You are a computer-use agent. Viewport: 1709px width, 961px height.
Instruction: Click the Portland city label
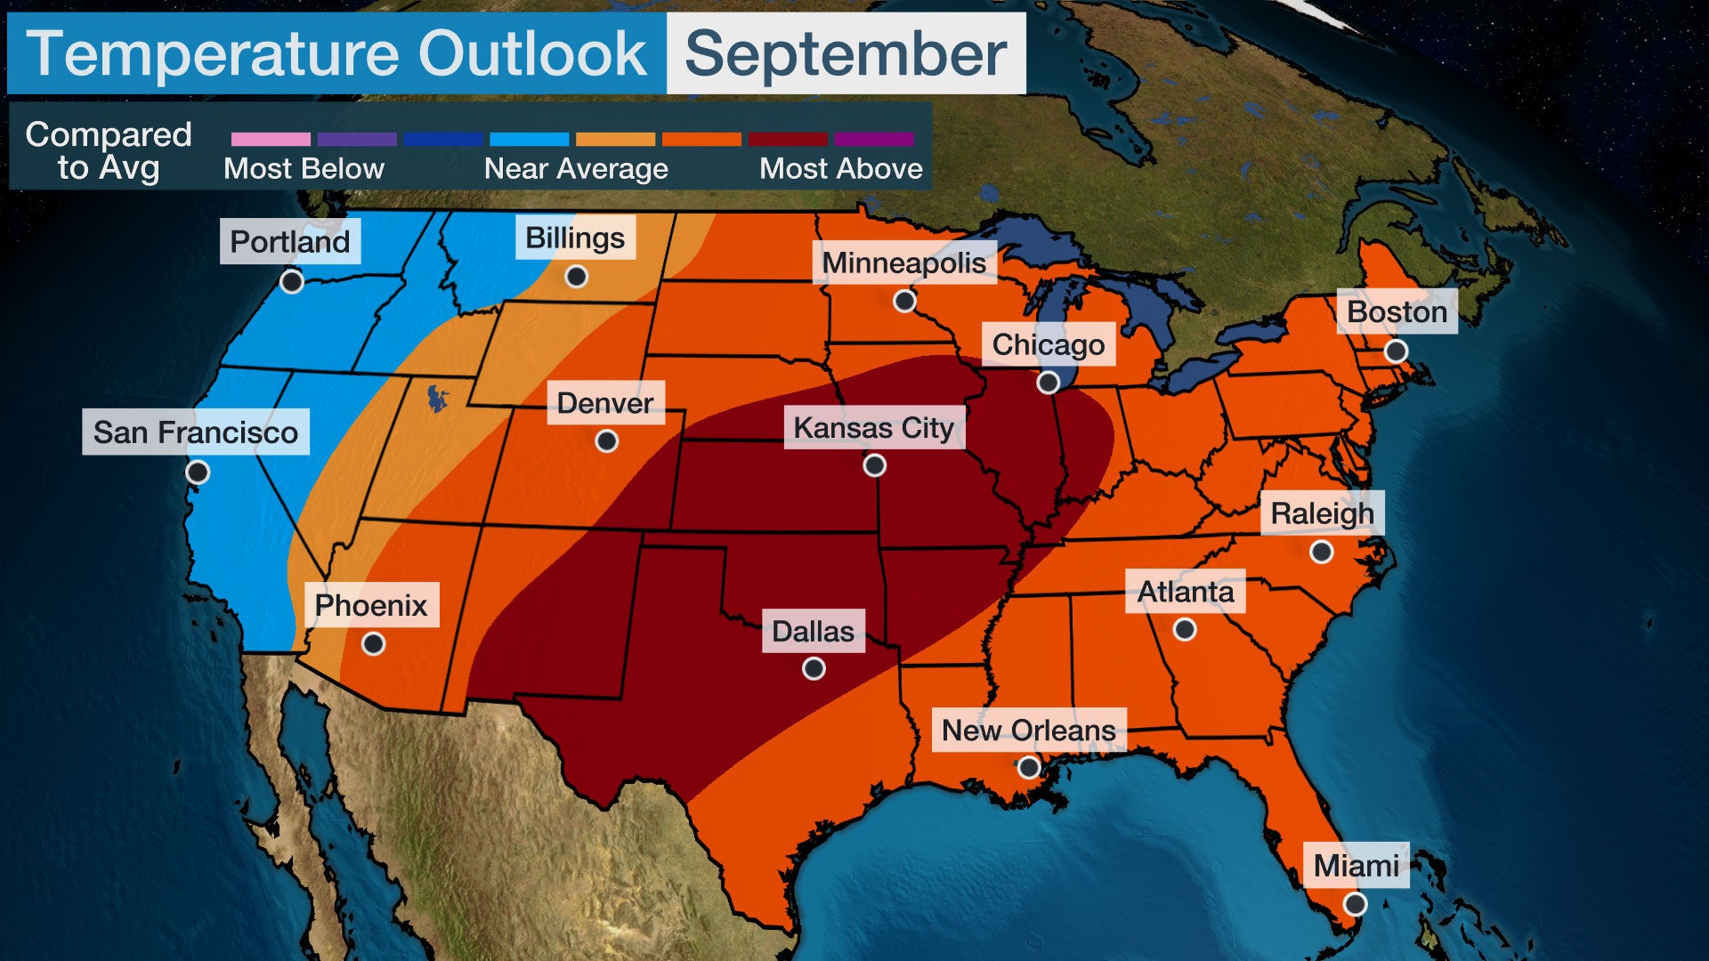(x=290, y=241)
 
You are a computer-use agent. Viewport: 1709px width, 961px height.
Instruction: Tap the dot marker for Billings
(x=577, y=277)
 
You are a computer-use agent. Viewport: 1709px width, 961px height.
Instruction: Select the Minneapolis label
(x=903, y=262)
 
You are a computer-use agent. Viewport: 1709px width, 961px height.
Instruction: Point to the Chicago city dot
(x=1049, y=383)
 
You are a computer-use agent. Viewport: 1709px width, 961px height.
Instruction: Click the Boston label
(x=1397, y=311)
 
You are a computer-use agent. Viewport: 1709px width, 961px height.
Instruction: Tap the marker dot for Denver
(x=607, y=441)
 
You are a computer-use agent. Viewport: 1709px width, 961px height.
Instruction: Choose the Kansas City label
(x=873, y=428)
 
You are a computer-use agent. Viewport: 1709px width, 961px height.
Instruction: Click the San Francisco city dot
(x=198, y=472)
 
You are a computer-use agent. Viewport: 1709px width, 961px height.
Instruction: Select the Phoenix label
(x=371, y=605)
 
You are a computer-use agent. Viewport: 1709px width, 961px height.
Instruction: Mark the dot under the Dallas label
(x=814, y=669)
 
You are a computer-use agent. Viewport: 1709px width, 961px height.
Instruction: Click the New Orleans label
(x=1028, y=730)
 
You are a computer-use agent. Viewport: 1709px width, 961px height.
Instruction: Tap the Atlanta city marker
(x=1185, y=630)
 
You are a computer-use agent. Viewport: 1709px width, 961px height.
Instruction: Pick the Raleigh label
(x=1322, y=513)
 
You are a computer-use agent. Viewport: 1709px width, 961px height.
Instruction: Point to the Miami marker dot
(x=1355, y=905)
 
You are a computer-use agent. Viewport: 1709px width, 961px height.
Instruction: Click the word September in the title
(x=846, y=53)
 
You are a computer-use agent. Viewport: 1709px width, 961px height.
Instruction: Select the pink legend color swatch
(x=271, y=140)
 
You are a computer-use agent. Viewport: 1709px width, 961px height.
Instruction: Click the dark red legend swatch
(x=788, y=140)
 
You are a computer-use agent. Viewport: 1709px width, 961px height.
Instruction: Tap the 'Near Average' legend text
(x=576, y=169)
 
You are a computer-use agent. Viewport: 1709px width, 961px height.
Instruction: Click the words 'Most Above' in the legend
(x=840, y=169)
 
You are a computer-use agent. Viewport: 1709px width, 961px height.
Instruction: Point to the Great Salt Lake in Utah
(x=436, y=398)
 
